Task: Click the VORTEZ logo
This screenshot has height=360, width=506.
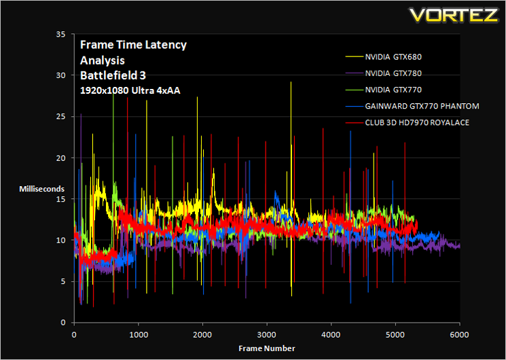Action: pos(454,15)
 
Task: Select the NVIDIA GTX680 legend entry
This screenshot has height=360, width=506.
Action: pos(393,57)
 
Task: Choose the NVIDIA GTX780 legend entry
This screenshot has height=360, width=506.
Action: pos(393,73)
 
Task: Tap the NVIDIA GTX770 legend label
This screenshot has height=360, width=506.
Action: pos(393,90)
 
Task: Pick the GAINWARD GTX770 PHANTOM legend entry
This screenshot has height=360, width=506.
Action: pos(422,106)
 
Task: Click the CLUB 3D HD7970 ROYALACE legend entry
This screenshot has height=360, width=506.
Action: pos(417,123)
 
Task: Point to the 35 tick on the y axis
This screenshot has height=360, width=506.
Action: pos(60,34)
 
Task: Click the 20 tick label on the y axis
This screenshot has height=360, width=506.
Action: pos(60,158)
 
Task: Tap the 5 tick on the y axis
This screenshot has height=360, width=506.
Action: pos(63,281)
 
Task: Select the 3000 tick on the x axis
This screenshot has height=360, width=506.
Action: pos(267,334)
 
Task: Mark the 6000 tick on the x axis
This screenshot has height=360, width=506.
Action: pos(460,334)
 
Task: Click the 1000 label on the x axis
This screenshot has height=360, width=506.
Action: pos(139,334)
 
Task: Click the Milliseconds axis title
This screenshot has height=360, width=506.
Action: pos(41,189)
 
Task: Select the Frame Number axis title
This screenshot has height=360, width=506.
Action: pos(267,348)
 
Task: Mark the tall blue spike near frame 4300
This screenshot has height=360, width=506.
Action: pos(350,217)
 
